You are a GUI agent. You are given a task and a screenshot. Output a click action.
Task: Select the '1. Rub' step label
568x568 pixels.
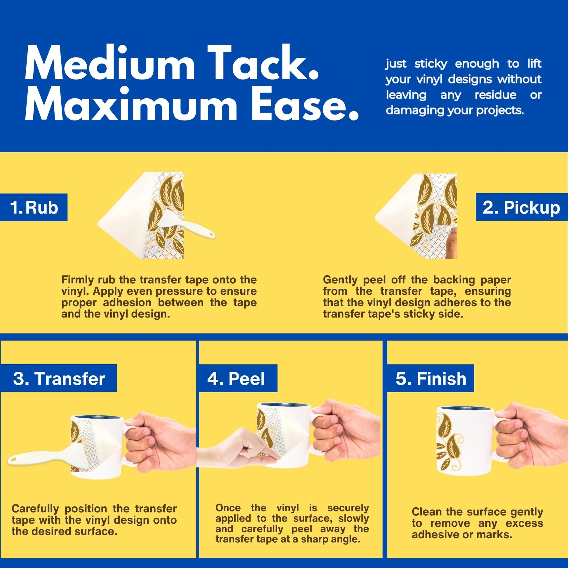pos(34,207)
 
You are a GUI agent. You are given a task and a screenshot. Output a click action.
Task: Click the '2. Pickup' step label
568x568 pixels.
pos(521,207)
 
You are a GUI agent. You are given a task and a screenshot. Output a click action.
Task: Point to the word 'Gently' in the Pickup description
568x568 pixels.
pos(340,280)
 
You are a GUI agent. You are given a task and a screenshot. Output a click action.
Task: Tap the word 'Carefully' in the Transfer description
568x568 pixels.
pos(35,509)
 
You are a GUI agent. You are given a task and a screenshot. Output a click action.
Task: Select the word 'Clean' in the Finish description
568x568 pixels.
pos(426,512)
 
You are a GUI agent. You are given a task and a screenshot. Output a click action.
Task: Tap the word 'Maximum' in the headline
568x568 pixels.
pos(131,104)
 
